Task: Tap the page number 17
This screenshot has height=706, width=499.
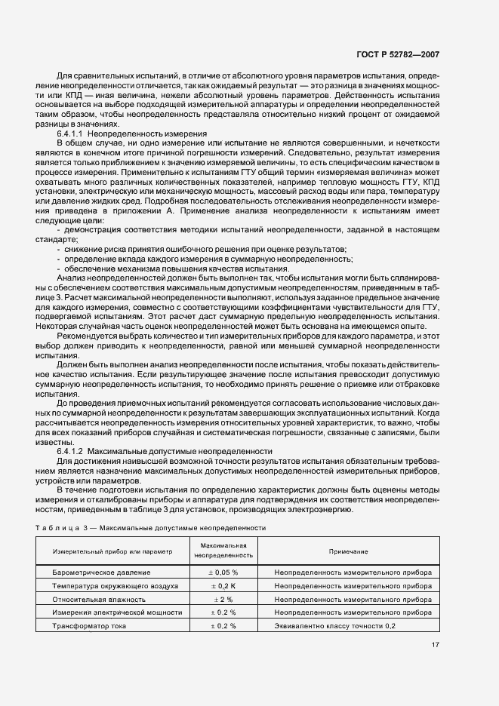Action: coord(436,644)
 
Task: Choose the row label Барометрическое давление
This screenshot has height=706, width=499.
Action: coord(97,572)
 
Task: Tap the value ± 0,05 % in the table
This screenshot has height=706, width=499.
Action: coord(222,572)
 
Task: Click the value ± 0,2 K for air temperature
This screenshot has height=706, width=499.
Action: coord(222,586)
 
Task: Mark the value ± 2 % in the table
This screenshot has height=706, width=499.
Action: coord(222,599)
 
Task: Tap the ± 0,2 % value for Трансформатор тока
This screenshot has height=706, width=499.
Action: coord(222,626)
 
